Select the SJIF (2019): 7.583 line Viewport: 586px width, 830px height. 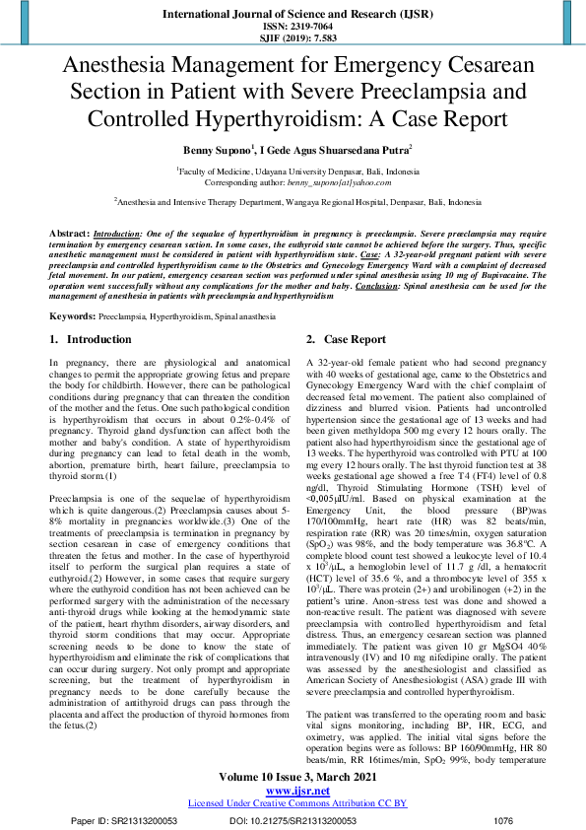[x=293, y=38]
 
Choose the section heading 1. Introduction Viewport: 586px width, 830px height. [x=91, y=339]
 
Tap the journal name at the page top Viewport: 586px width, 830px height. [x=293, y=14]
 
